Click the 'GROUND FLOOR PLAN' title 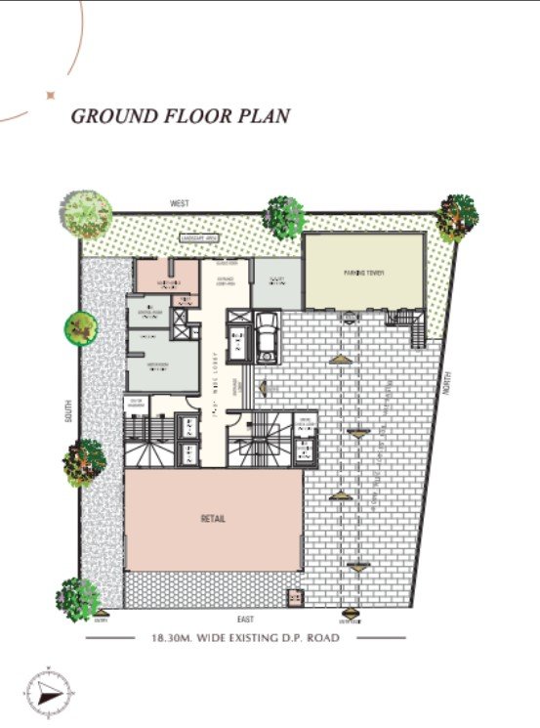pos(180,116)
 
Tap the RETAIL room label pos(214,518)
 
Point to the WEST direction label pos(179,203)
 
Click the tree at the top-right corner pos(457,216)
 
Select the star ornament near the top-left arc pos(49,95)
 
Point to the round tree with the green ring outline pos(81,327)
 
